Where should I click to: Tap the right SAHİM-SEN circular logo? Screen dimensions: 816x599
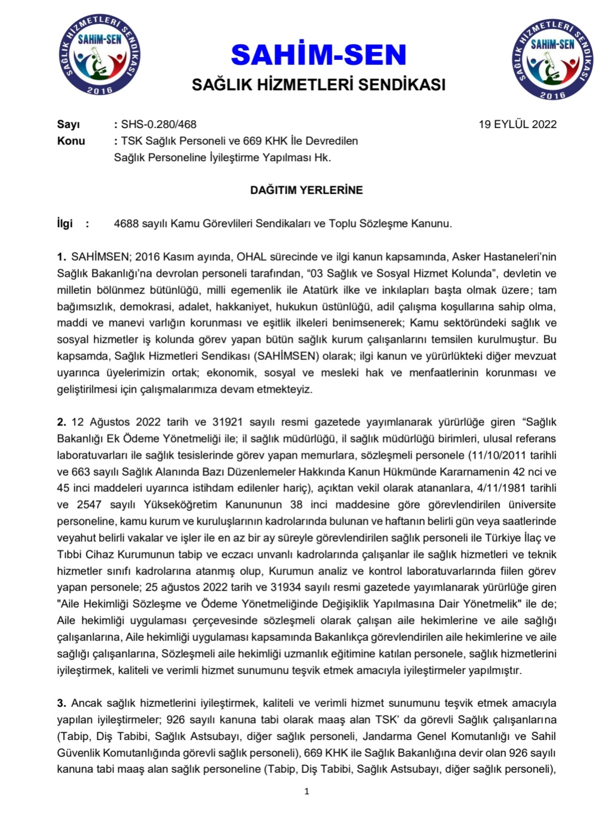point(553,59)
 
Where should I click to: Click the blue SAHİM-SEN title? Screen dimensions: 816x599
point(318,55)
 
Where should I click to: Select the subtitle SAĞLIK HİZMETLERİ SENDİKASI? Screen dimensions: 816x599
point(318,85)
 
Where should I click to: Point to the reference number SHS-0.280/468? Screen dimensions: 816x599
point(159,125)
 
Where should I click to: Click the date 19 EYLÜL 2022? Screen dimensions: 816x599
point(517,124)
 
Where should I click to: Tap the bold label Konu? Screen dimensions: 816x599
point(71,141)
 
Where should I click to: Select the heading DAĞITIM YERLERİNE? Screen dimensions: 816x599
point(306,190)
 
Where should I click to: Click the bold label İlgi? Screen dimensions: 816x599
point(65,223)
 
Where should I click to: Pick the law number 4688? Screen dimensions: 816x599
point(125,224)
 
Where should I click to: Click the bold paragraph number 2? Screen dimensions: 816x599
point(61,422)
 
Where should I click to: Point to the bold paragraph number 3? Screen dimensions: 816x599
point(61,704)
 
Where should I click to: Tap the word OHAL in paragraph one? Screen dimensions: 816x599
point(252,257)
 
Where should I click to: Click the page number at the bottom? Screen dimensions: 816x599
point(307,792)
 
